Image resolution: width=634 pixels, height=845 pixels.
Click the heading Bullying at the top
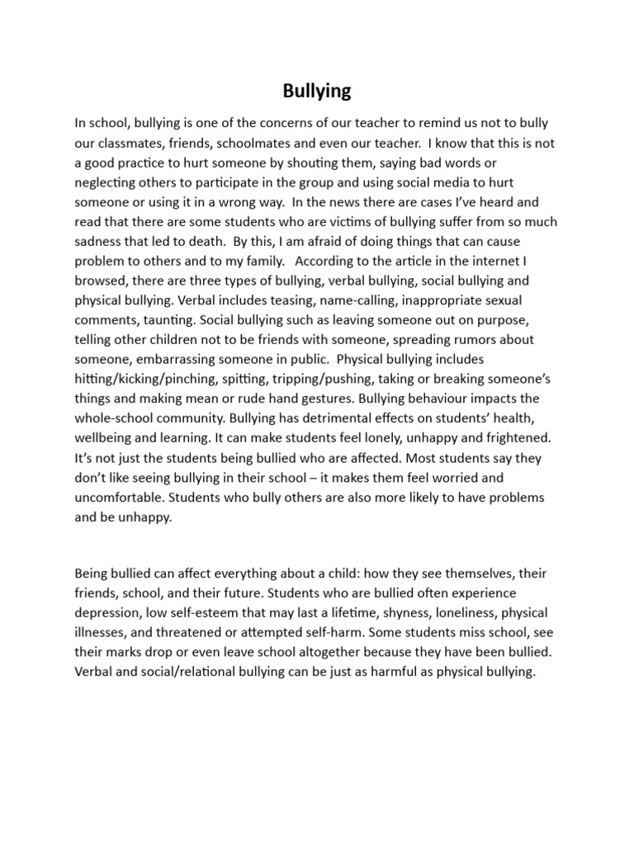[317, 91]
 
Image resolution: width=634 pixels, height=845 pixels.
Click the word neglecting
[107, 182]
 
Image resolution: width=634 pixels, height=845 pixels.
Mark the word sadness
[100, 242]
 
